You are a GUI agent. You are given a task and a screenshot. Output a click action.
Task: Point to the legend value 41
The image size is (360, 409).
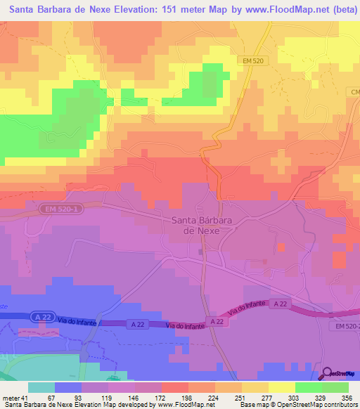[24, 398]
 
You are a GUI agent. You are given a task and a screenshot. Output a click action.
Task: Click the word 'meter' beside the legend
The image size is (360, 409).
[9, 398]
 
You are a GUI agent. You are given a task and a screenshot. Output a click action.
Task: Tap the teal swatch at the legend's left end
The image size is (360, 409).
[41, 387]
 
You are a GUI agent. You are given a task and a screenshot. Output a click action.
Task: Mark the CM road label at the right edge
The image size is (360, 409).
[354, 91]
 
